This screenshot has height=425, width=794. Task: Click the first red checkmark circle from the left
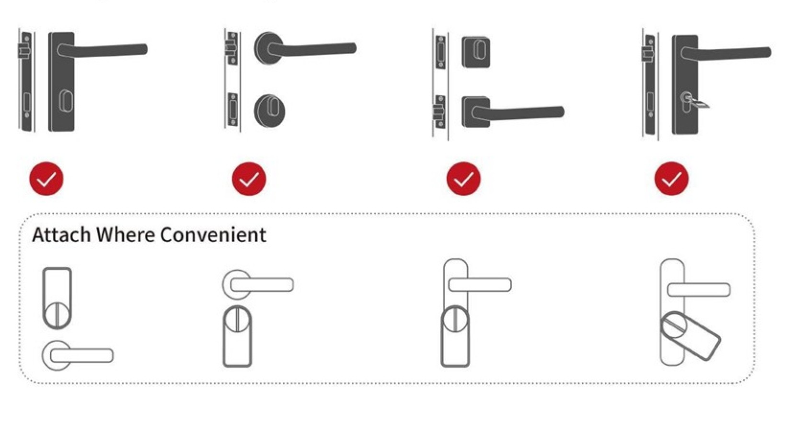46,179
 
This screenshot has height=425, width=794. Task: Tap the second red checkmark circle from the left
249,179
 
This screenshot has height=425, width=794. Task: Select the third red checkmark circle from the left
464,179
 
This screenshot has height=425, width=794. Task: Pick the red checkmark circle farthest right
671,179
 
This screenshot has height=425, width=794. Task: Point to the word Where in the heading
126,235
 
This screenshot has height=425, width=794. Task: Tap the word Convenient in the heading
213,235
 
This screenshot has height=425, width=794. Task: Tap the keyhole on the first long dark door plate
65,101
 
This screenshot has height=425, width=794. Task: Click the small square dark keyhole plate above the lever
476,52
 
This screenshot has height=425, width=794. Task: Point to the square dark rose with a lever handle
476,112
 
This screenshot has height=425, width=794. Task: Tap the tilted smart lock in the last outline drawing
690,336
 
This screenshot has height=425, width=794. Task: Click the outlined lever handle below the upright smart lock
78,355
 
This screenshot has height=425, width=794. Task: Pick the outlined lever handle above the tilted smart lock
699,289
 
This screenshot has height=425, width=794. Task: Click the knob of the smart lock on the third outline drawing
455,319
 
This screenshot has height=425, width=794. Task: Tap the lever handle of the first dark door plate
103,50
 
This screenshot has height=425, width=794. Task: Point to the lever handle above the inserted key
725,53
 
